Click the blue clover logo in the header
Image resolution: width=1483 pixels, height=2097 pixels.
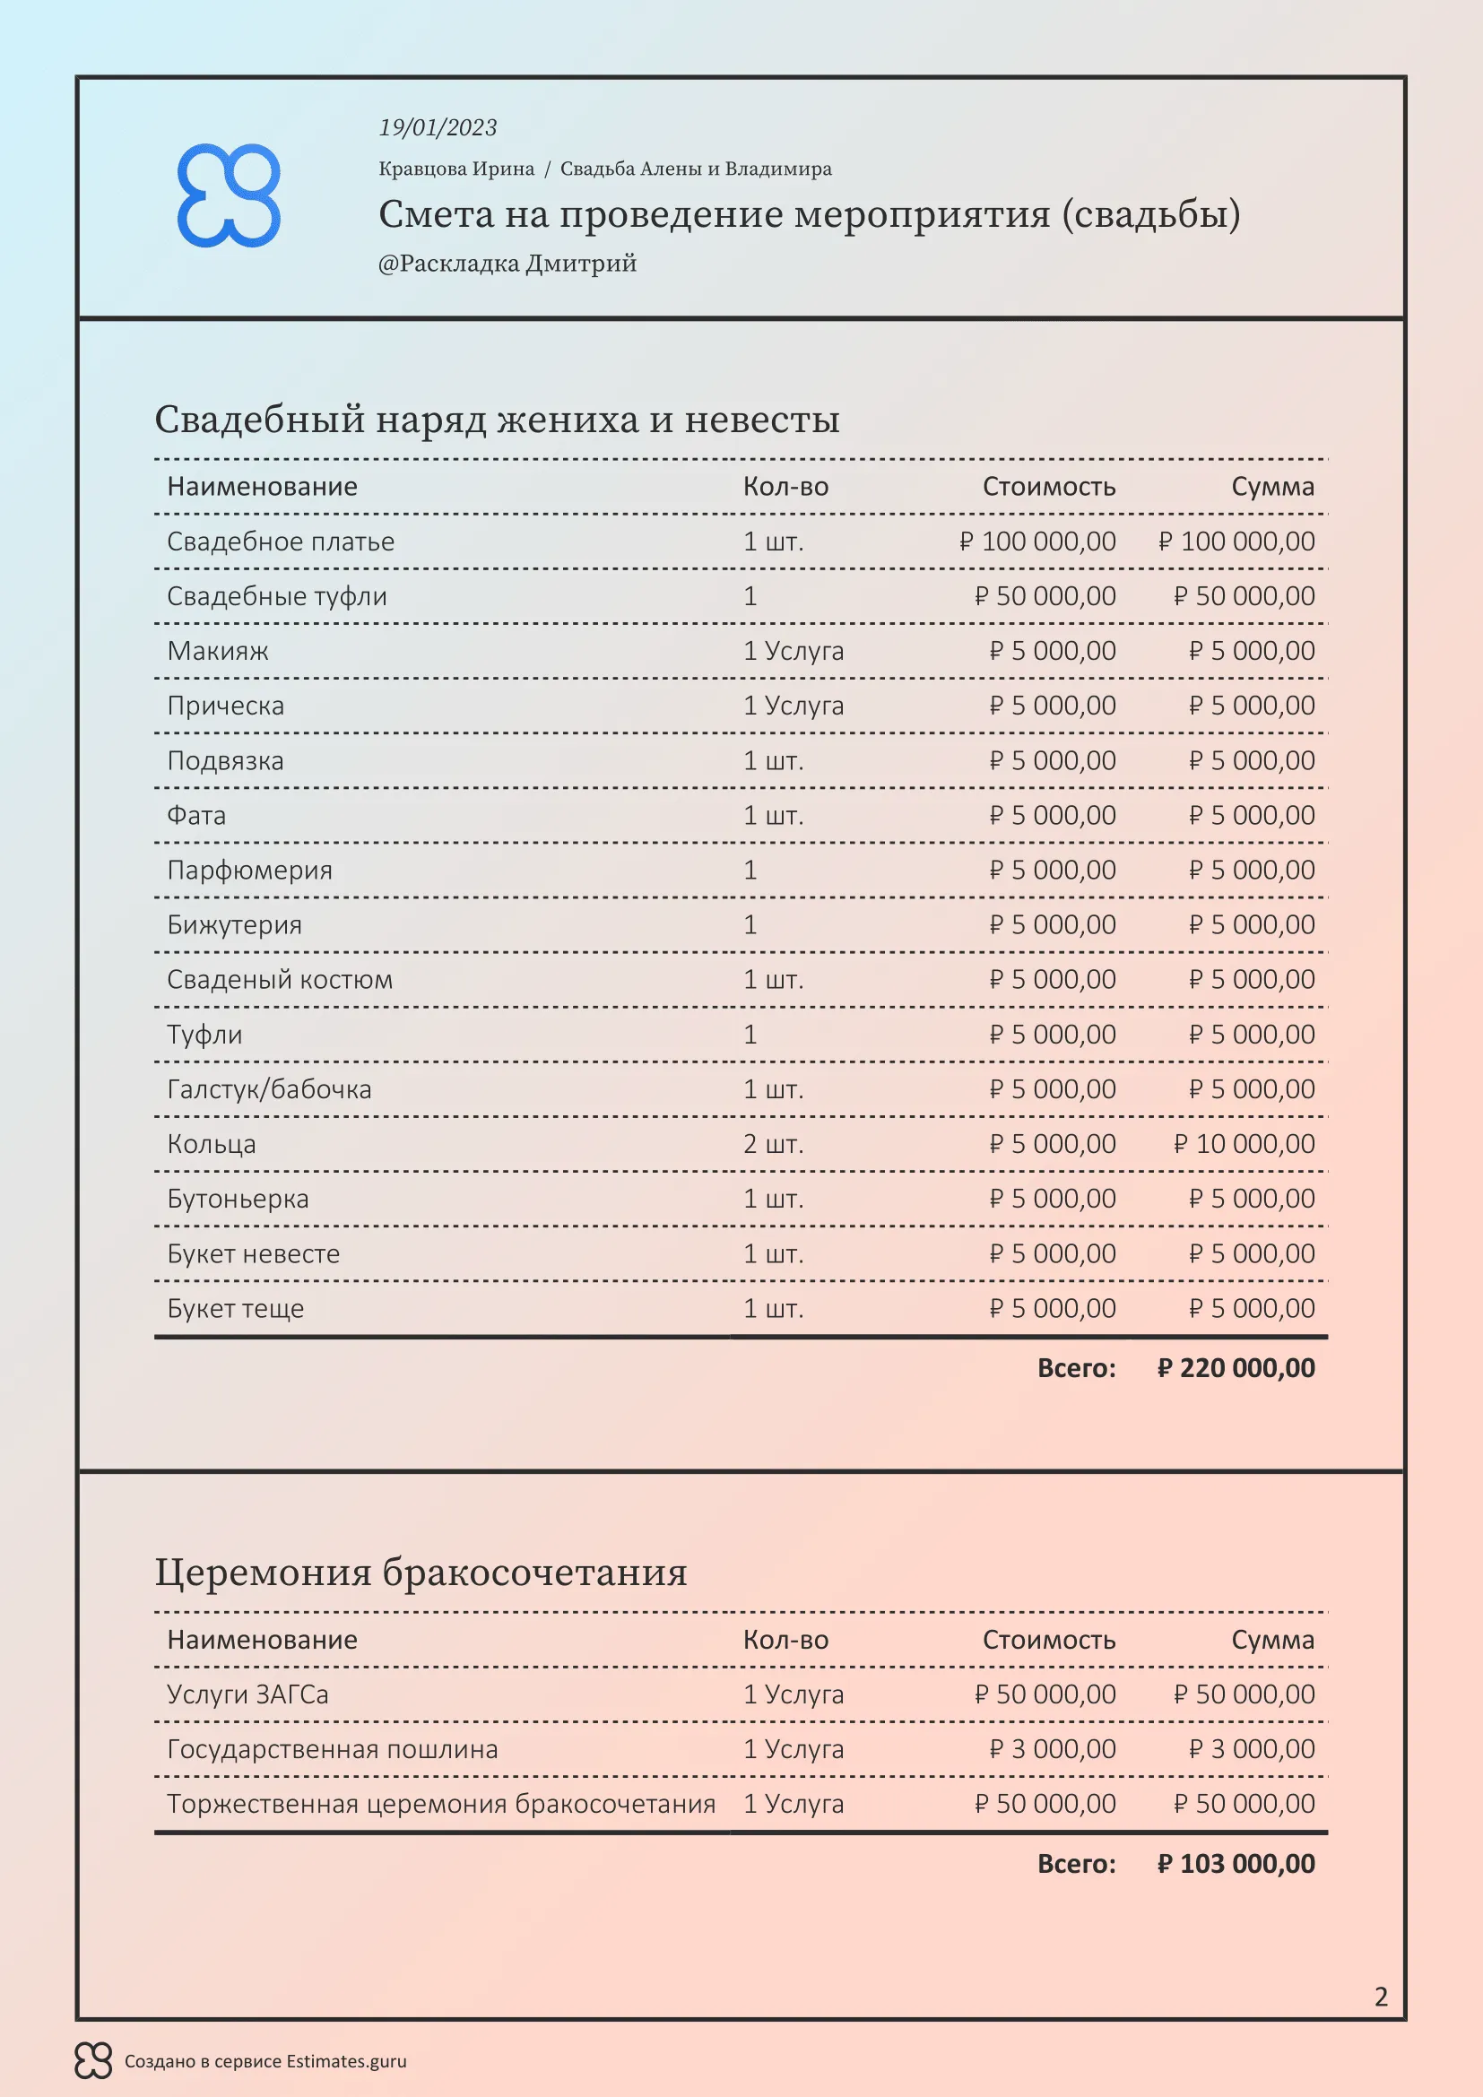tap(229, 195)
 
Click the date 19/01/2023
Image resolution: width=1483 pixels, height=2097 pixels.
tap(438, 128)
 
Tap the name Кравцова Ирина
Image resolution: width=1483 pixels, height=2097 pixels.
tap(456, 169)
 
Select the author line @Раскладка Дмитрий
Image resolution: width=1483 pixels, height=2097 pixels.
tap(507, 264)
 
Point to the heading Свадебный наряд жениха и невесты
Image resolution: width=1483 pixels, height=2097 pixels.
tap(497, 420)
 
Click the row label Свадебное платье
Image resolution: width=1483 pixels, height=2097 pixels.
tap(281, 542)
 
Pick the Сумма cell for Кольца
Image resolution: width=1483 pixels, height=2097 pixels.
tap(1244, 1143)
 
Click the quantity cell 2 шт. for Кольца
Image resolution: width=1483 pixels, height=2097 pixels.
tap(774, 1143)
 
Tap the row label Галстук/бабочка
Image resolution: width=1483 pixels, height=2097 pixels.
tap(269, 1088)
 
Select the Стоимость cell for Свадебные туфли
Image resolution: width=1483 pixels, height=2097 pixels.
tap(1045, 596)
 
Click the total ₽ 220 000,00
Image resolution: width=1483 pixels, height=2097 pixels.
tap(1236, 1367)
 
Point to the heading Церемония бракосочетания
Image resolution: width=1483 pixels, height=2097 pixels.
tap(421, 1572)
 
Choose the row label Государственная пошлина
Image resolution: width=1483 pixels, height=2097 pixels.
tap(333, 1749)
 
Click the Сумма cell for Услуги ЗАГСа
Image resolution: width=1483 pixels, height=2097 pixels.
tap(1244, 1694)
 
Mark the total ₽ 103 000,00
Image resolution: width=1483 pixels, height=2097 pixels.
tap(1236, 1863)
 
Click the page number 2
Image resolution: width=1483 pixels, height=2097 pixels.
tap(1381, 1997)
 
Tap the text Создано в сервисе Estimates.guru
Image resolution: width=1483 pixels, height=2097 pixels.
tap(265, 2061)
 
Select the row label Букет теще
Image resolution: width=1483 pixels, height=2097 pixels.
tap(236, 1308)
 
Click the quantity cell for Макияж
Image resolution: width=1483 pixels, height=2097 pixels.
tap(793, 651)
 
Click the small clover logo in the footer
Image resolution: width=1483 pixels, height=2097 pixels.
tap(93, 2060)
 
